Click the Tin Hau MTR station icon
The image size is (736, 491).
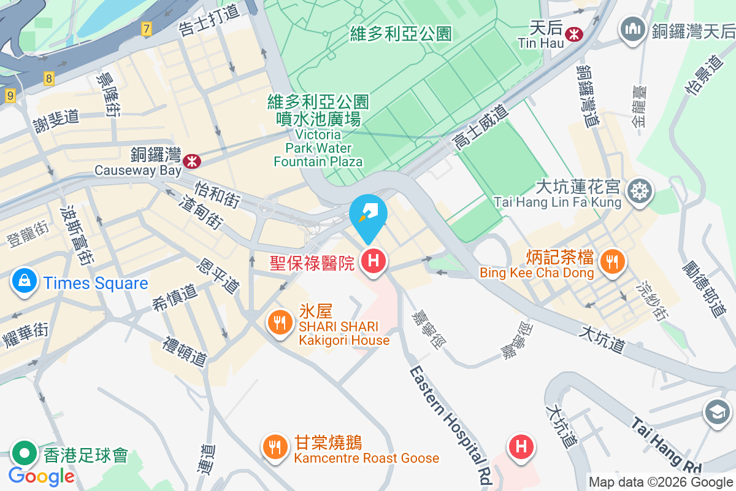[575, 33]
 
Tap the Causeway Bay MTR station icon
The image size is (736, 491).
[192, 161]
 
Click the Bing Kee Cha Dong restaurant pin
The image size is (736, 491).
[611, 261]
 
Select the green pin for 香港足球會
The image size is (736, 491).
[25, 454]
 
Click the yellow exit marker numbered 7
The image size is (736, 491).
[145, 28]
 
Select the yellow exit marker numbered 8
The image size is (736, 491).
[49, 78]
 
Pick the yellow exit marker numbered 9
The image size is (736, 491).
[10, 96]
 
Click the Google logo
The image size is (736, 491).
[41, 476]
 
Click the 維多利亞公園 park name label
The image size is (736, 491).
[401, 33]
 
